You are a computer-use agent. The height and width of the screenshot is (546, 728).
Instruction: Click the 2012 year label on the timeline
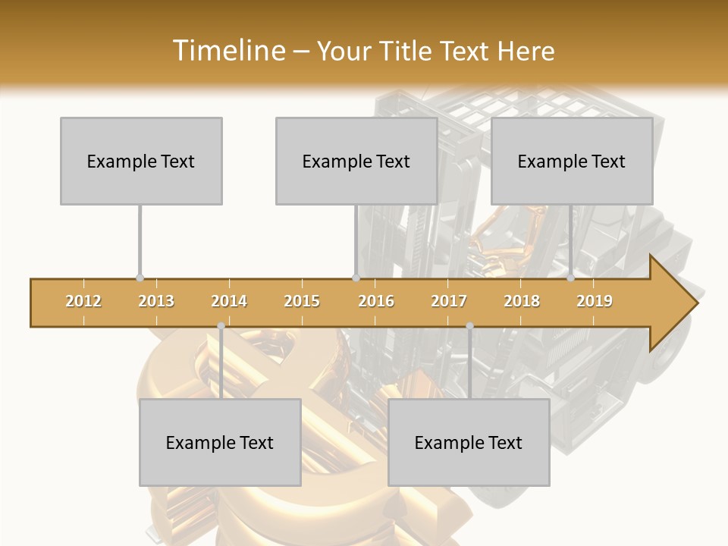[x=83, y=301]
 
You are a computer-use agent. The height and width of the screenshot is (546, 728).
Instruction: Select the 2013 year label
[x=156, y=301]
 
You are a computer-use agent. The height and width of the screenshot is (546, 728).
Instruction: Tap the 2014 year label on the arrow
[x=229, y=301]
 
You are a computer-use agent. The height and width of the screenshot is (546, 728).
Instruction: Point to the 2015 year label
[x=302, y=301]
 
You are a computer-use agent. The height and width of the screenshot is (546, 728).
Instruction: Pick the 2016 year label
[x=376, y=301]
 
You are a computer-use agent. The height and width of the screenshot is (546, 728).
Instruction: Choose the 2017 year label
[x=449, y=301]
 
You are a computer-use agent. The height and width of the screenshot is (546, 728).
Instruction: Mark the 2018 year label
[x=522, y=301]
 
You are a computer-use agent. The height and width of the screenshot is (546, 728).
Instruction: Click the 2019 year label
[x=595, y=301]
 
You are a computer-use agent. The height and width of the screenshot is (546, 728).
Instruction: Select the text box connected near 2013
[x=141, y=161]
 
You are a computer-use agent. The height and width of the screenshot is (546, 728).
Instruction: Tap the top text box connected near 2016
[x=356, y=161]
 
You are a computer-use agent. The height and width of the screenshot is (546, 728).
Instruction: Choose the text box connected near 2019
[x=572, y=161]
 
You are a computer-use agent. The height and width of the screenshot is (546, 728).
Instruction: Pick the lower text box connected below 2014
[x=220, y=442]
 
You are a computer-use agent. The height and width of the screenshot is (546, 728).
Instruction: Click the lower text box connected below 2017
[x=469, y=442]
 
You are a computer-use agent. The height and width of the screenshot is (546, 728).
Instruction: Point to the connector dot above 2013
[x=140, y=278]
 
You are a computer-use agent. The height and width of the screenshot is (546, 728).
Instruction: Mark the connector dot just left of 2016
[x=356, y=278]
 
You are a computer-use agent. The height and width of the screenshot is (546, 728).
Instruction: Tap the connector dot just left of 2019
[x=571, y=278]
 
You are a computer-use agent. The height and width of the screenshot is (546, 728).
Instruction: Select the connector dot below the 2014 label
[x=221, y=326]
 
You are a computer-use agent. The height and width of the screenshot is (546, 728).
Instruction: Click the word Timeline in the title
[x=227, y=51]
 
